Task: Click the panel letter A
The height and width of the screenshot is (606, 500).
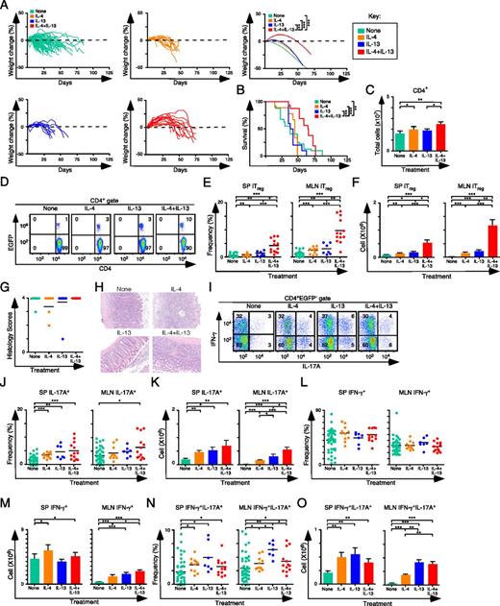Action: [6, 6]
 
